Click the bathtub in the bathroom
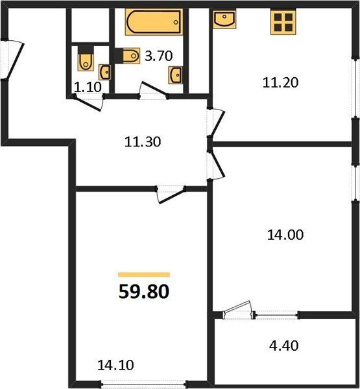(x=154, y=22)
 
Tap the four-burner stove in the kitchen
(x=283, y=22)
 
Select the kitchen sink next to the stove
(x=224, y=19)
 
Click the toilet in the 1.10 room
(x=86, y=58)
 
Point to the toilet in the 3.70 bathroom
(x=128, y=56)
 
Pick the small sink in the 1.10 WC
(x=105, y=72)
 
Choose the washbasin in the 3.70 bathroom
(x=176, y=75)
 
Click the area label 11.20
(x=280, y=82)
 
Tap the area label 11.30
(x=143, y=142)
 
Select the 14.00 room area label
(x=285, y=235)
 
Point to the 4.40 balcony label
(x=283, y=346)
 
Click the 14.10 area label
(x=115, y=365)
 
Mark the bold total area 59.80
(x=144, y=291)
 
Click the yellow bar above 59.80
(x=144, y=274)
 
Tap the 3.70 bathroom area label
(x=158, y=56)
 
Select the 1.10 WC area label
(x=88, y=87)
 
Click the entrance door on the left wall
(x=14, y=60)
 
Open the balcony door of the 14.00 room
(x=238, y=310)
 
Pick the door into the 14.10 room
(x=171, y=194)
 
